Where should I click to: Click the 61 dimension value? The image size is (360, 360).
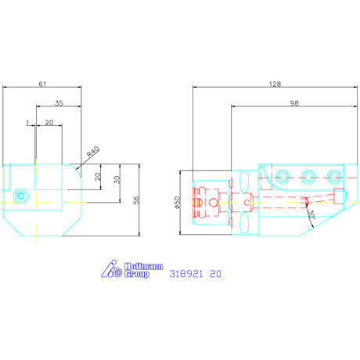point(42,84)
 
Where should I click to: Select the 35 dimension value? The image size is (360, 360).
point(59,103)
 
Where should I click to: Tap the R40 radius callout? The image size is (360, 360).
point(93,152)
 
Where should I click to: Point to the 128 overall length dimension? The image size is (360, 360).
point(275,84)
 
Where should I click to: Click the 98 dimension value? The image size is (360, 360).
point(294,103)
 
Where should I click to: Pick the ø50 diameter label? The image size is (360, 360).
point(177,203)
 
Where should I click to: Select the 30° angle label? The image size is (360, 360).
point(311,214)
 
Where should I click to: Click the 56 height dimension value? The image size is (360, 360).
point(136,200)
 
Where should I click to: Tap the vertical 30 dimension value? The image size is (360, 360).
point(117,179)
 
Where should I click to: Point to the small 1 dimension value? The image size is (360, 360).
point(28,122)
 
